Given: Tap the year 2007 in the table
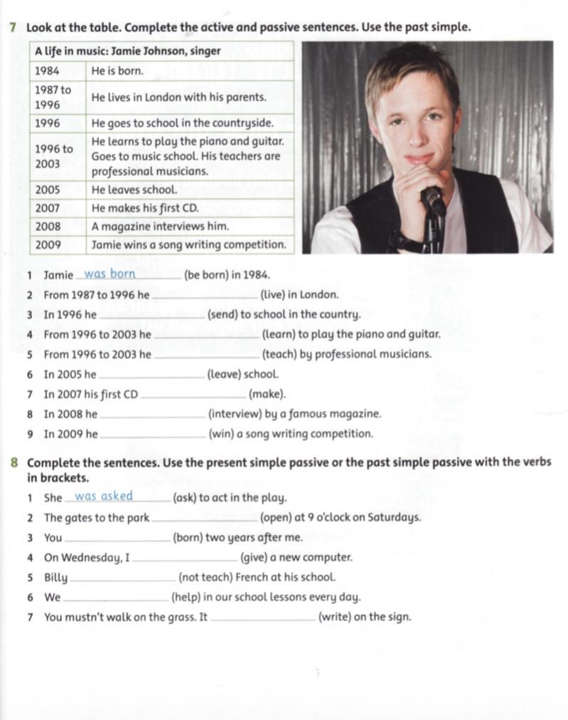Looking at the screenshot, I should pyautogui.click(x=48, y=208).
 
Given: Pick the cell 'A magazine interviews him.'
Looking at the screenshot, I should pyautogui.click(x=160, y=226).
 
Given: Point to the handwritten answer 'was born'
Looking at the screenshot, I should pyautogui.click(x=109, y=274).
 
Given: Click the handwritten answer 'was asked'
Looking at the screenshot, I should pyautogui.click(x=104, y=496).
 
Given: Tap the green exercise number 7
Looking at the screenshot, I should pyautogui.click(x=14, y=28).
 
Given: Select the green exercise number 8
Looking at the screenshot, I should pyautogui.click(x=14, y=463).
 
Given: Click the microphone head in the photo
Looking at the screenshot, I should pyautogui.click(x=432, y=198).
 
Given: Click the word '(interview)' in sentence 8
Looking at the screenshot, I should pyautogui.click(x=234, y=414).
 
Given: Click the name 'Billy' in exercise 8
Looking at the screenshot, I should pyautogui.click(x=56, y=577).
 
